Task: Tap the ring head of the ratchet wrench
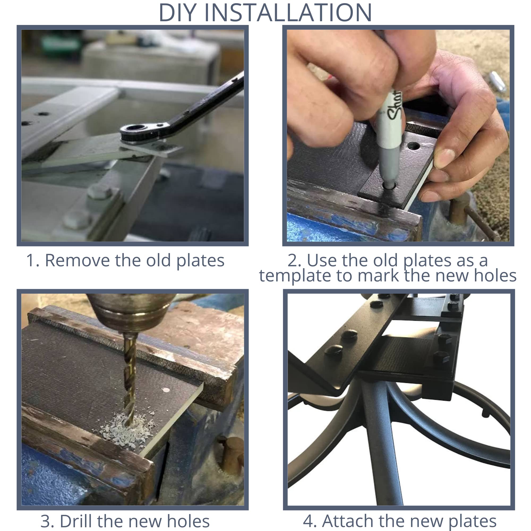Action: [x=136, y=128]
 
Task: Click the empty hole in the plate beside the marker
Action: [x=414, y=146]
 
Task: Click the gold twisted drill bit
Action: [x=129, y=376]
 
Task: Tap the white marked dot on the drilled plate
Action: [x=166, y=390]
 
